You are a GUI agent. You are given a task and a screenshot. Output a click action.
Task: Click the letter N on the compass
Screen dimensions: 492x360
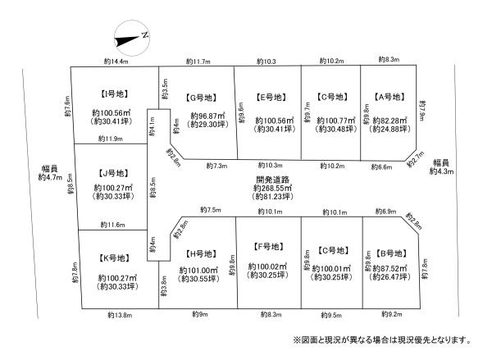(x=144, y=34)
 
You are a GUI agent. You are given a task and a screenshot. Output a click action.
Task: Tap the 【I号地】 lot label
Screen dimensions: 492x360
(x=114, y=93)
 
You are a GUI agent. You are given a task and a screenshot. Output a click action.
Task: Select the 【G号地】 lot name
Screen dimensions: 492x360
(x=201, y=98)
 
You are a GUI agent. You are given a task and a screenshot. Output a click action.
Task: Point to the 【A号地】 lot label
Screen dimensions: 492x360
(x=389, y=97)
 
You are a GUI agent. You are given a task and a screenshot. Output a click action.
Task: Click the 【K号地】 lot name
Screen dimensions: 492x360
(x=114, y=258)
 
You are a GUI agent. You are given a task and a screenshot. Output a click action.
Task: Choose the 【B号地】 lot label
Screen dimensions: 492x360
(x=391, y=253)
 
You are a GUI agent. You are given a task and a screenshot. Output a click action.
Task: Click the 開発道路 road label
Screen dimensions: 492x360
(x=273, y=180)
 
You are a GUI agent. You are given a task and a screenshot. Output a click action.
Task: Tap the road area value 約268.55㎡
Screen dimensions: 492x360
(x=273, y=189)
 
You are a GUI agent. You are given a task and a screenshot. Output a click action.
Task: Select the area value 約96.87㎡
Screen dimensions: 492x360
(x=208, y=116)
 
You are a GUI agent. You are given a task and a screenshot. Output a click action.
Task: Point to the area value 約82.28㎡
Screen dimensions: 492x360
(x=389, y=121)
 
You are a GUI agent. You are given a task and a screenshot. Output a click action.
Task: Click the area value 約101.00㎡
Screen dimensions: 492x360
(x=198, y=271)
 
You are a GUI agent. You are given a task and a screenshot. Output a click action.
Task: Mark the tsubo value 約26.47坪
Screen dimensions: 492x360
(x=390, y=277)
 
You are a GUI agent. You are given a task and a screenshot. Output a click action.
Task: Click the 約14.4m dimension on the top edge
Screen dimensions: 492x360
(x=116, y=62)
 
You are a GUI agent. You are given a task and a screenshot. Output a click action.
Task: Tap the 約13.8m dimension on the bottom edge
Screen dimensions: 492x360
(x=120, y=315)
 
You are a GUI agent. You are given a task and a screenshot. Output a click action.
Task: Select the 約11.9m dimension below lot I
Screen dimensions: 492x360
(x=111, y=139)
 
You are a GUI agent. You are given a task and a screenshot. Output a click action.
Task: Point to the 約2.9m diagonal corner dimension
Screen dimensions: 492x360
(x=174, y=157)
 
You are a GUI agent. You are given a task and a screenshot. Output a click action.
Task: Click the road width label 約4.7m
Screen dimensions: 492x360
(x=50, y=178)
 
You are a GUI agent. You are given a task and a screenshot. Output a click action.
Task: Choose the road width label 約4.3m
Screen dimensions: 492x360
(x=441, y=171)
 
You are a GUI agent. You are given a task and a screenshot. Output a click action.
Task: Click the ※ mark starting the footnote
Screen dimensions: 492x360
(x=297, y=340)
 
